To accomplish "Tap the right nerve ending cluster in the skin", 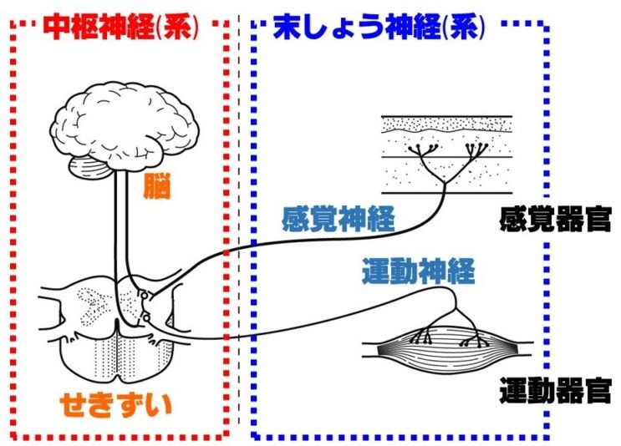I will pos(474,150).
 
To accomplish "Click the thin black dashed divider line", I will pos(239,251).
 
